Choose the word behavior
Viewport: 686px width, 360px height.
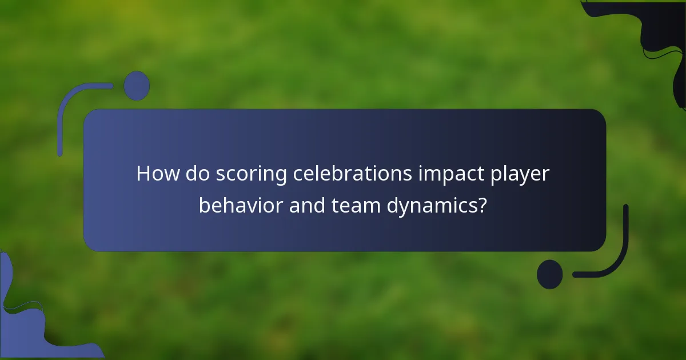(x=240, y=205)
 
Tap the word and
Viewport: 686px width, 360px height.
(x=308, y=205)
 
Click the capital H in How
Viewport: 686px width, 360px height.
(x=143, y=174)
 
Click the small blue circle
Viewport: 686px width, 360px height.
(x=137, y=86)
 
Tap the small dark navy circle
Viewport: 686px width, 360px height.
(x=549, y=274)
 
